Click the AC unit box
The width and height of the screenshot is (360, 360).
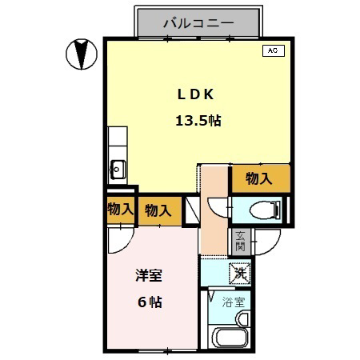point(274,50)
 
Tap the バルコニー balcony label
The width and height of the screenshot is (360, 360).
point(198,23)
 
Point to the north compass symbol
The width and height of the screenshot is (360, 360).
point(82,54)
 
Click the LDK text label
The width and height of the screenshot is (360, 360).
point(195,94)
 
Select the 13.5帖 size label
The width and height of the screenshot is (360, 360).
point(198,121)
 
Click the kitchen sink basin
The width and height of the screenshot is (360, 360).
point(117,169)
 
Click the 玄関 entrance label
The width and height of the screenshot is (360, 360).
point(240,242)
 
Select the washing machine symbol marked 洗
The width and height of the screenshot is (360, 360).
point(240,273)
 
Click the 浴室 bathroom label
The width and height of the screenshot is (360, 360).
point(234,302)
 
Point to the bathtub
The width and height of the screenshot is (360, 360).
point(230,337)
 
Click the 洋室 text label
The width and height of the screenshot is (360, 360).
point(149,275)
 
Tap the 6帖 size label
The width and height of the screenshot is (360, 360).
point(150,302)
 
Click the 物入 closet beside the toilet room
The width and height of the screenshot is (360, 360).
point(259,178)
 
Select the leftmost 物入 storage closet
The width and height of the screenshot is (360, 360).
point(121,209)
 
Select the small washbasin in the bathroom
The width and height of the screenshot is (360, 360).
point(242,319)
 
